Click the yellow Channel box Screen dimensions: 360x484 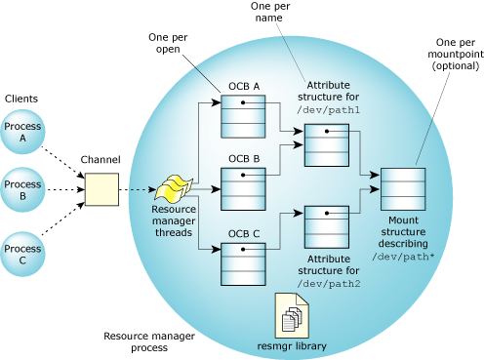[x=101, y=189]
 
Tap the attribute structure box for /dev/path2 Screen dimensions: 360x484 [x=327, y=225]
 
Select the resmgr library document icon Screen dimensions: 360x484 [x=295, y=314]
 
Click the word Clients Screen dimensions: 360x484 [x=21, y=99]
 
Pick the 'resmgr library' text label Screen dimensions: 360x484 [x=295, y=344]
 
